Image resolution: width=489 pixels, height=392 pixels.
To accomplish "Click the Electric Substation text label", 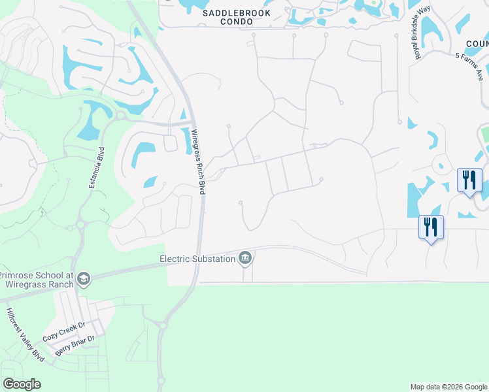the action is [x=197, y=259].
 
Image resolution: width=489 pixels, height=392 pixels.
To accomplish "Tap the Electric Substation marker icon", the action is [x=245, y=259].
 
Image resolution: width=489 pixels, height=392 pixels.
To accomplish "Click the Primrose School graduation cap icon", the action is [x=83, y=280].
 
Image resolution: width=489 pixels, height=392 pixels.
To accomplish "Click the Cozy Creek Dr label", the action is [x=64, y=331].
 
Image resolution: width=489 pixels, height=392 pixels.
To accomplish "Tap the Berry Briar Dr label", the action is [x=75, y=346].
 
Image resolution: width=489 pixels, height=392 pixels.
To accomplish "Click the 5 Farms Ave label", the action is [x=473, y=63].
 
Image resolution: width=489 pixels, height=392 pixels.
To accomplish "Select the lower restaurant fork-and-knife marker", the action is [x=431, y=227].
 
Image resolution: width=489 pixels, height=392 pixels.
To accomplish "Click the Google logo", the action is [x=22, y=384].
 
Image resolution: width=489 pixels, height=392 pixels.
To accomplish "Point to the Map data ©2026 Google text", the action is [x=448, y=387].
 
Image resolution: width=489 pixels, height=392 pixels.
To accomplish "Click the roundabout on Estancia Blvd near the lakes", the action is [x=120, y=116].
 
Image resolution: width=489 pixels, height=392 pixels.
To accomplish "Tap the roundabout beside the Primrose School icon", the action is [x=80, y=225].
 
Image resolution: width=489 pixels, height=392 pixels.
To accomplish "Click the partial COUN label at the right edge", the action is [x=477, y=44].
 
